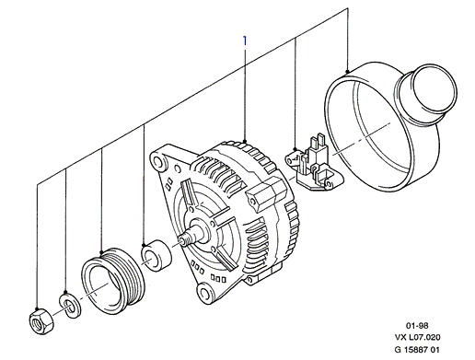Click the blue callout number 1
pos(245,41)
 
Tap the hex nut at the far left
pos(41,321)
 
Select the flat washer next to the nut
pos(70,306)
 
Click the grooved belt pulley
pos(113,281)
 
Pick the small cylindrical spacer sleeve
pos(156,255)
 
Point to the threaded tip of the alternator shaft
pos(183,239)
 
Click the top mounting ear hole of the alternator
pos(158,161)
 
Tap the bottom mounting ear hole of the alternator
pos(204,294)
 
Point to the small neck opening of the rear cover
pos(434,87)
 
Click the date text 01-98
pos(417,325)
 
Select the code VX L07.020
pos(417,337)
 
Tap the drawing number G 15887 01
pos(417,350)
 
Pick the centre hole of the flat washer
pos(69,307)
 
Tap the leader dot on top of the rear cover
pos(347,72)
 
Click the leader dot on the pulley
pos(102,252)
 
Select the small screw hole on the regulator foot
pos(330,184)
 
